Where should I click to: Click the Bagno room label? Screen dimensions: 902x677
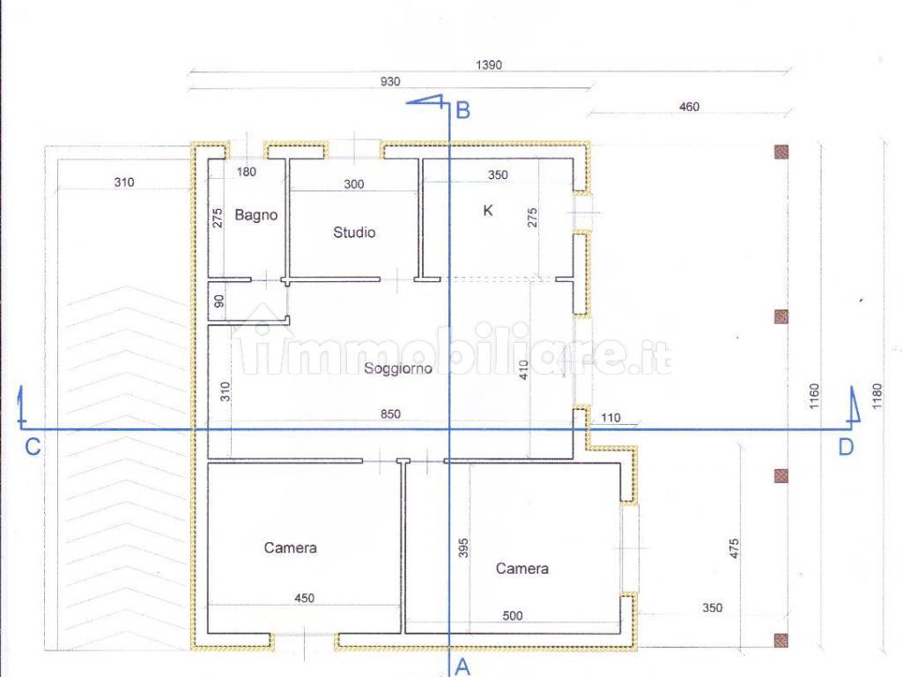[x=256, y=215]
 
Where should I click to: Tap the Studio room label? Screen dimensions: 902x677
[x=354, y=232]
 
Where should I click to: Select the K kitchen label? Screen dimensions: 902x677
[x=488, y=211]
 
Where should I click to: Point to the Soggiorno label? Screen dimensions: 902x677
[x=398, y=368]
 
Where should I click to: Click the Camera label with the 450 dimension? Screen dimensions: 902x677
[x=290, y=547]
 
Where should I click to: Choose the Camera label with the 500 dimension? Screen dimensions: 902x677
[x=522, y=569]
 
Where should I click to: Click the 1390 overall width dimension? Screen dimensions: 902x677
[x=489, y=65]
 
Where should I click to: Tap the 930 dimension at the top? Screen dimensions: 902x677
[x=390, y=82]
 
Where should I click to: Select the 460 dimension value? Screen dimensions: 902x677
[x=689, y=107]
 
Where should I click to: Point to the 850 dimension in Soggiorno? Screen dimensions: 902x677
[x=390, y=414]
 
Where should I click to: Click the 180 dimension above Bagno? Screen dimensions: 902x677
[x=247, y=172]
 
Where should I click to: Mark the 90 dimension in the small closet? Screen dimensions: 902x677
[x=219, y=301]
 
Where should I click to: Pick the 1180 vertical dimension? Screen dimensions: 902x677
[x=877, y=396]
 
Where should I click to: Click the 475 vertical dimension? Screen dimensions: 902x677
[x=734, y=549]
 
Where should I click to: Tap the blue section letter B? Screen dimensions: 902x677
[x=463, y=110]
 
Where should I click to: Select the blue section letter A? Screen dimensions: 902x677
[x=463, y=667]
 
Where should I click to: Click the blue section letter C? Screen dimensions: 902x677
[x=33, y=447]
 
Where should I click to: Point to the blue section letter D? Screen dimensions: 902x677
[x=846, y=447]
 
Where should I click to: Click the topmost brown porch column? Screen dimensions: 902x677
[x=781, y=152]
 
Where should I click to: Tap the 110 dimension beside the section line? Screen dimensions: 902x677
[x=611, y=418]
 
